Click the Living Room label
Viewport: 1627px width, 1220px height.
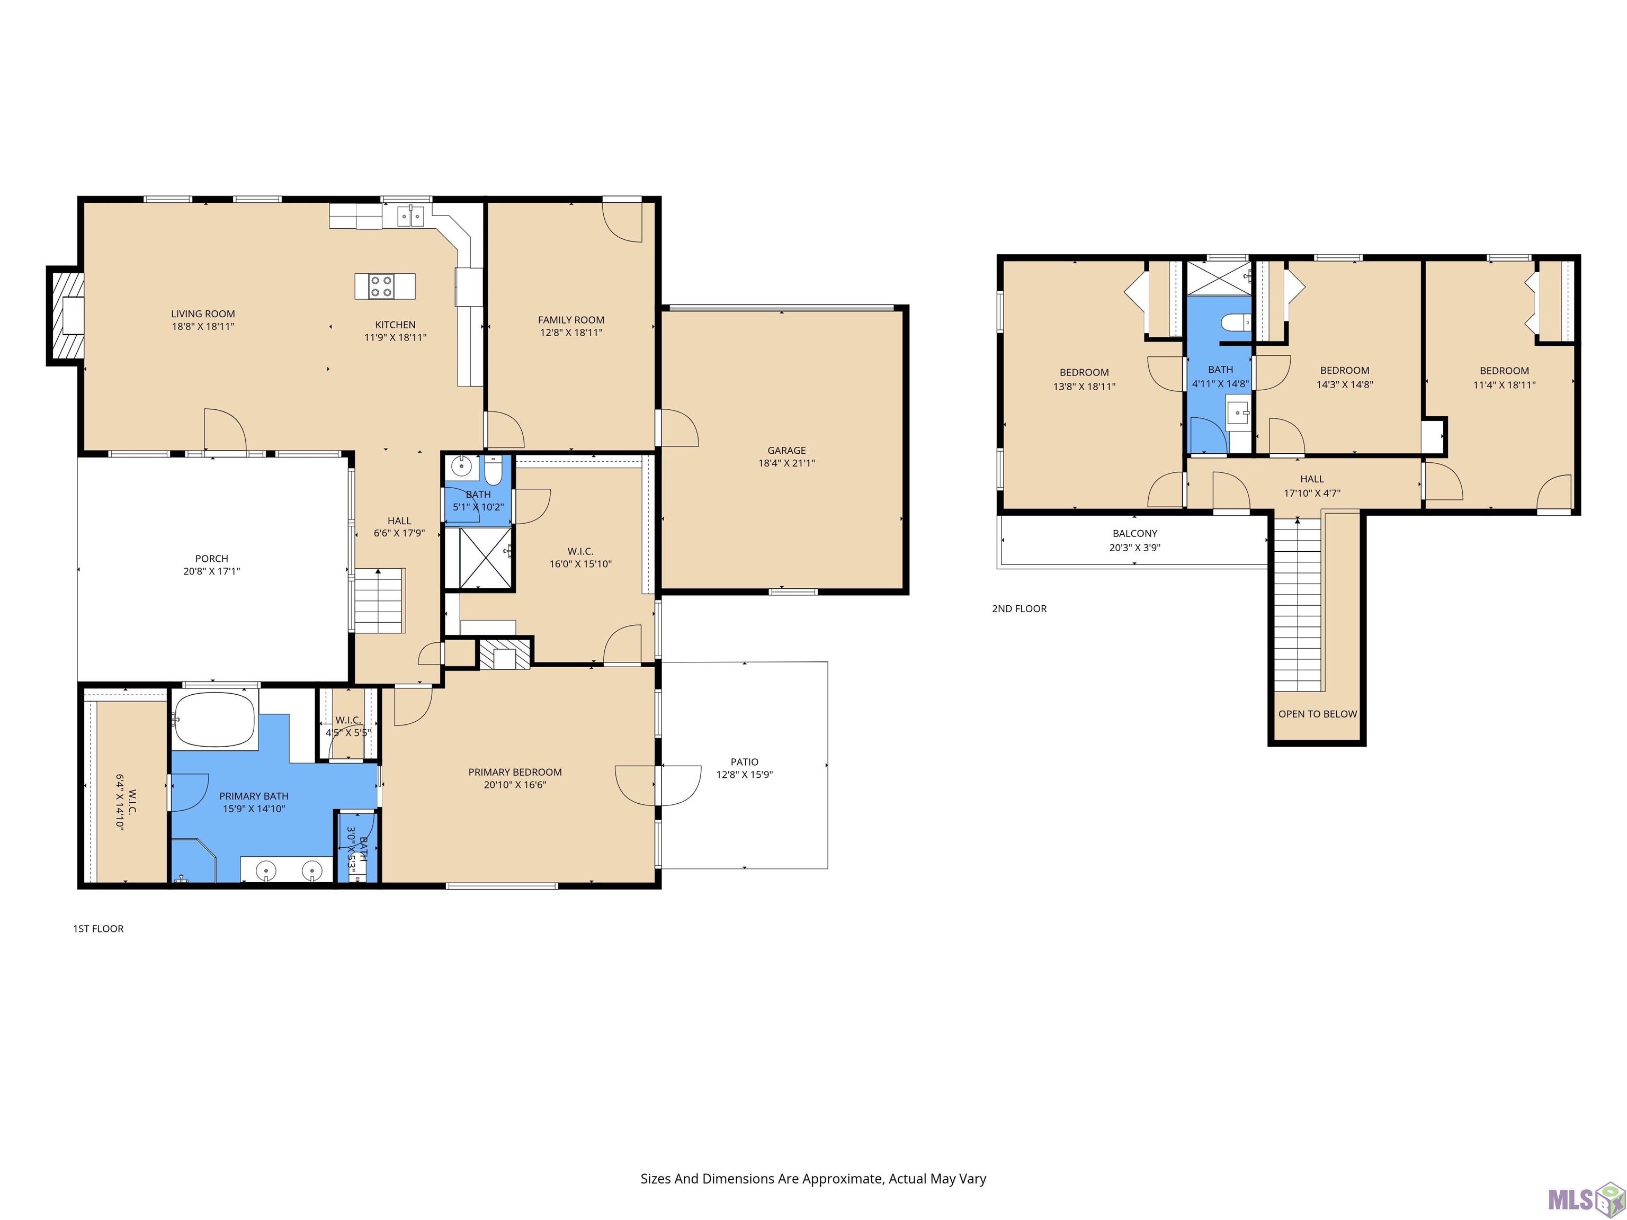pos(203,314)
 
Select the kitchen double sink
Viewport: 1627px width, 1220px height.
pos(413,216)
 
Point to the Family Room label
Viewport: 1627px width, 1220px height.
pos(571,320)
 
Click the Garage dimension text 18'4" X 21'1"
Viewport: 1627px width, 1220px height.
pos(786,463)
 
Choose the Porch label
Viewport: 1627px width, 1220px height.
pos(212,559)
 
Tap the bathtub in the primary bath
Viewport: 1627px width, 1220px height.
pos(215,721)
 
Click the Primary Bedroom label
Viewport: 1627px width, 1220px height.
pos(515,772)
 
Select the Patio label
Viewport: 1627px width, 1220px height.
pos(744,762)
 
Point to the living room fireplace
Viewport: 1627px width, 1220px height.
pos(66,316)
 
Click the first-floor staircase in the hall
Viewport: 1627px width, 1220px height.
pos(380,600)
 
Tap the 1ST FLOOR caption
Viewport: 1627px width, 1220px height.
pos(99,929)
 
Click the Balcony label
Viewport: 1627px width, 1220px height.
pos(1135,534)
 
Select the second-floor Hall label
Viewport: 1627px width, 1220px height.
pos(1311,479)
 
